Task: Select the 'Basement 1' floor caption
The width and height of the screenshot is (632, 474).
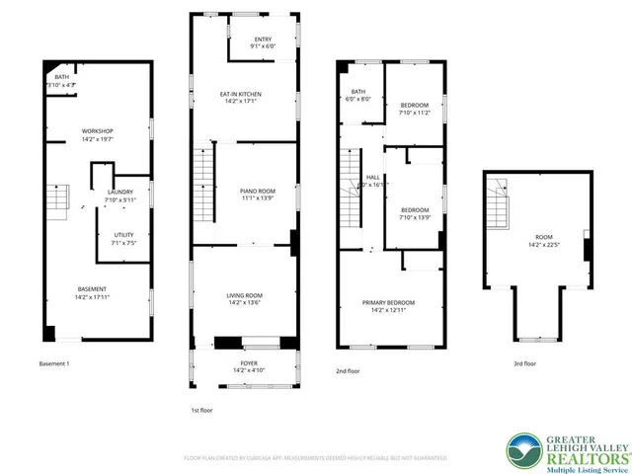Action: [x=54, y=364]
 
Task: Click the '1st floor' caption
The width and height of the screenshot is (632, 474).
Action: [x=201, y=409]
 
